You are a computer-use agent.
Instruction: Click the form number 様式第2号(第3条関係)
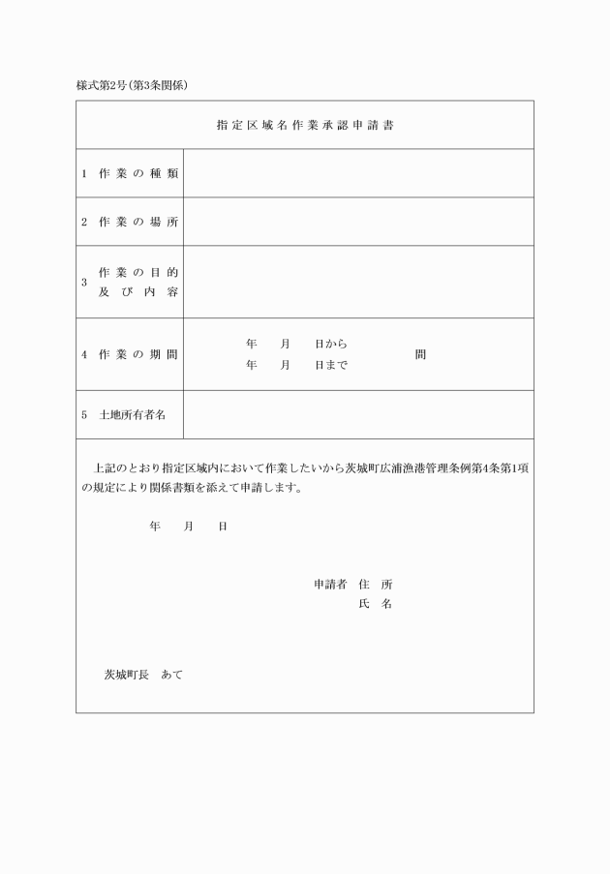coord(132,84)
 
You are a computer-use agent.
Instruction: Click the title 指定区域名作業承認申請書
coord(304,125)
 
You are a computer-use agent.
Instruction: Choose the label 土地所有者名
coord(133,414)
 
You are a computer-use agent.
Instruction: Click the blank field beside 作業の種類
coord(358,173)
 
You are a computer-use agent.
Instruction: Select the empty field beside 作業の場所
coord(358,222)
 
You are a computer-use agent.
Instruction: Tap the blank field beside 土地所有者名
coord(358,414)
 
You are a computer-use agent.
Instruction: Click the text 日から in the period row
coord(331,344)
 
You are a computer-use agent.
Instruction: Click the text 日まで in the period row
coord(331,365)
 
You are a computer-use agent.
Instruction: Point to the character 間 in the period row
coord(420,354)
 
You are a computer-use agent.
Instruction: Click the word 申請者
coord(330,585)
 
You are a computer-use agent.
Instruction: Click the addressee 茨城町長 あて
coord(143,675)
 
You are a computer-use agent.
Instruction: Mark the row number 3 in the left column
coord(84,283)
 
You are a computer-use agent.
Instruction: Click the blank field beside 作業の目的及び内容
coord(358,282)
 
